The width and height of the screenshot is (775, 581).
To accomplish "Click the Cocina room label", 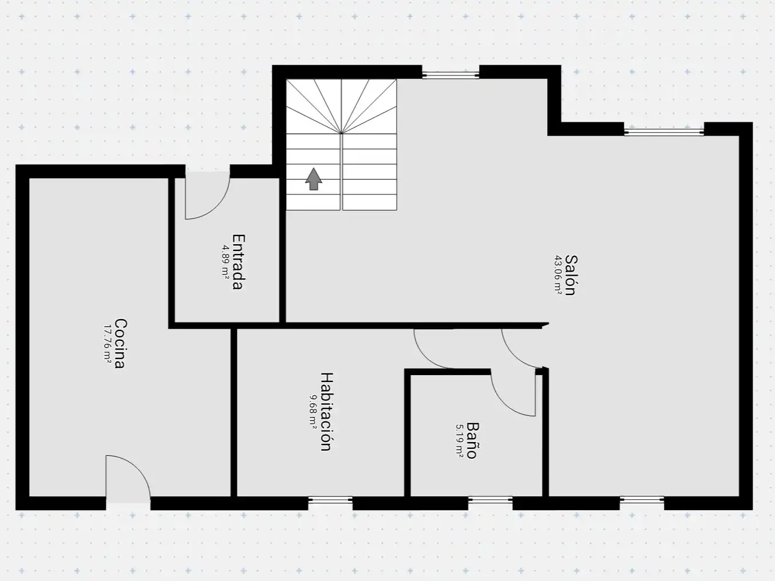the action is (120, 344).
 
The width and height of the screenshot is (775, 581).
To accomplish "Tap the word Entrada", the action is (238, 262).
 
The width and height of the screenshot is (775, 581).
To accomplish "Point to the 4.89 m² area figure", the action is (225, 262).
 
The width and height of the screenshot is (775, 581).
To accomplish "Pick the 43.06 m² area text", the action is (558, 275).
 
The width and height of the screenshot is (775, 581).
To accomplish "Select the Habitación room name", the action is (327, 411).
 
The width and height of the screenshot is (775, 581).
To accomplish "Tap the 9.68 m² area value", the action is (313, 411).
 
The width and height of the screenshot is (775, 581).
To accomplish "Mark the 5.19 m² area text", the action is (460, 440).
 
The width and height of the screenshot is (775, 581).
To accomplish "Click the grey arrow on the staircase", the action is (314, 179).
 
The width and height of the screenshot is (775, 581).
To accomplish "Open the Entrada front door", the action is (208, 195).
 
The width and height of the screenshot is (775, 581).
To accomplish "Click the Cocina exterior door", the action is (128, 479).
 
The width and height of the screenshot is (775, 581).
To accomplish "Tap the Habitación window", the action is (330, 500).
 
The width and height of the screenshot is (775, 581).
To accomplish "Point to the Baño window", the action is (490, 500).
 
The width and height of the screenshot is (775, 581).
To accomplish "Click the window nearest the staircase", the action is (450, 75).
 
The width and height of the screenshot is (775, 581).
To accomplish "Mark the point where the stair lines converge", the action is (341, 133).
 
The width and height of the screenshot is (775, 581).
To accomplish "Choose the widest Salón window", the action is (664, 132).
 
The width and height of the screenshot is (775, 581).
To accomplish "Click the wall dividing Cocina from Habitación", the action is (234, 412).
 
